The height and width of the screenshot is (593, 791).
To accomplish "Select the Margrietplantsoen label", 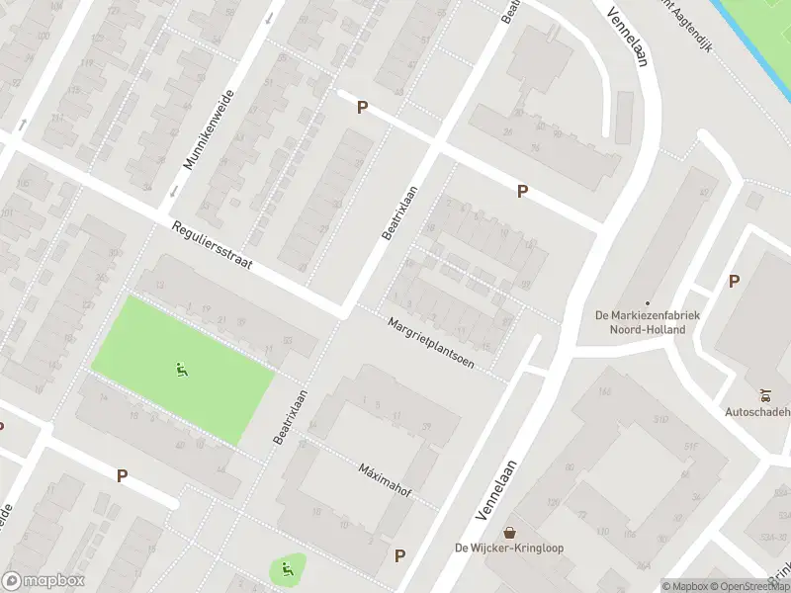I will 431,343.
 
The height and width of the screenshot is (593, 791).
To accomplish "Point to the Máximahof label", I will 385,479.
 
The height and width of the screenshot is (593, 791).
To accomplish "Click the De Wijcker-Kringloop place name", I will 508,549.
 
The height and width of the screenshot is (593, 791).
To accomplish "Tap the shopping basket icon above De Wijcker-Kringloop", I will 509,533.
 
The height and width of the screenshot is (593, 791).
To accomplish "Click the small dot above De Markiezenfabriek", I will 648,303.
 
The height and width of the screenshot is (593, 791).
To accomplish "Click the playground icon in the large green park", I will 181,371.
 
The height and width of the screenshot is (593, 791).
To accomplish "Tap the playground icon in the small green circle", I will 287,568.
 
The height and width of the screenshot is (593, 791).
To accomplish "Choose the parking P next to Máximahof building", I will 399,555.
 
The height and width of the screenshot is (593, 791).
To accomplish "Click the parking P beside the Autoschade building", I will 734,281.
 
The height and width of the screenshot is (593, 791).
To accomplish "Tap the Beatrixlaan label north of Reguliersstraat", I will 400,212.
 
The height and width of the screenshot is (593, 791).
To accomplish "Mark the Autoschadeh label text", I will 759,411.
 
